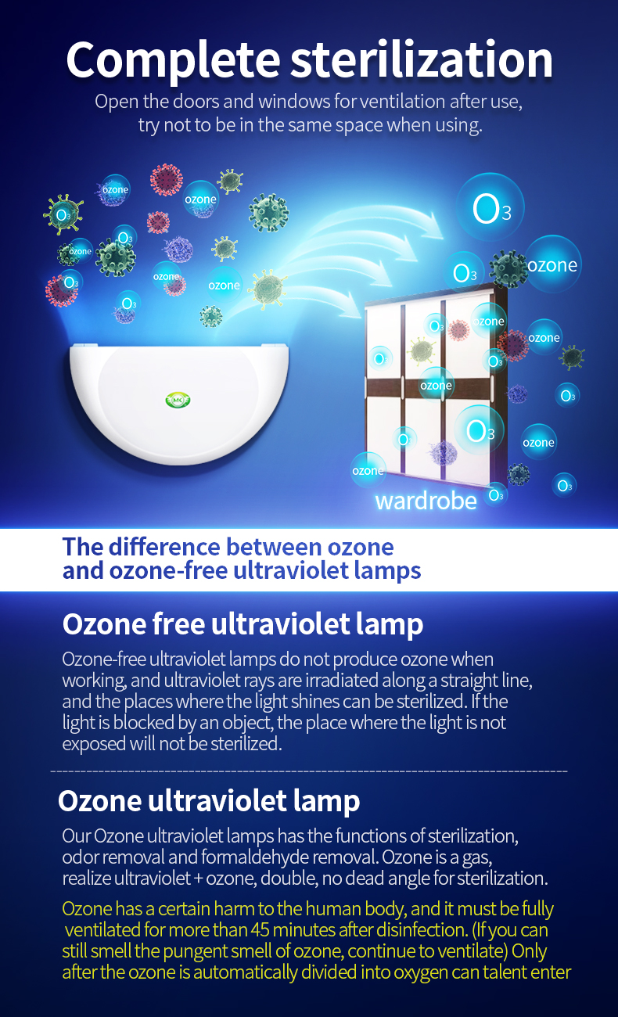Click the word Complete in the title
coord(173,60)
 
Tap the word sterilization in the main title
coord(422,59)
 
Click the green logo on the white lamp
coord(178,400)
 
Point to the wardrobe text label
coord(426,501)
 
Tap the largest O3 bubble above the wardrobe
coord(490,207)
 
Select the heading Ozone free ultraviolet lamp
coord(243,623)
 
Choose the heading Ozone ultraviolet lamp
coord(209,800)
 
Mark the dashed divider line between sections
coord(309,771)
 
